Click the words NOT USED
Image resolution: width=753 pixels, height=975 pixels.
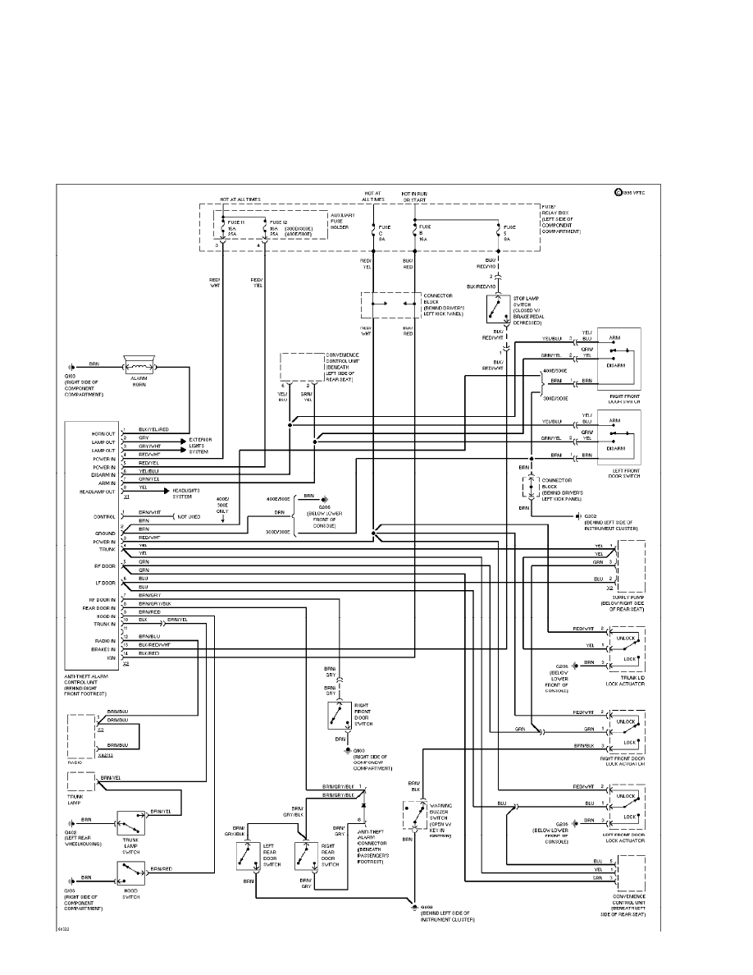click(x=189, y=517)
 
